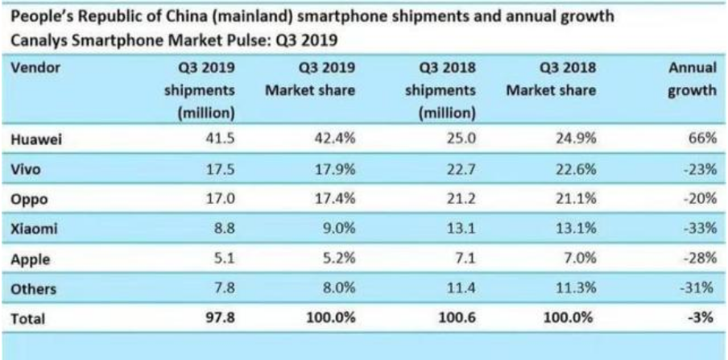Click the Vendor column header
(35, 68)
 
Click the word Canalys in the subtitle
(37, 39)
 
